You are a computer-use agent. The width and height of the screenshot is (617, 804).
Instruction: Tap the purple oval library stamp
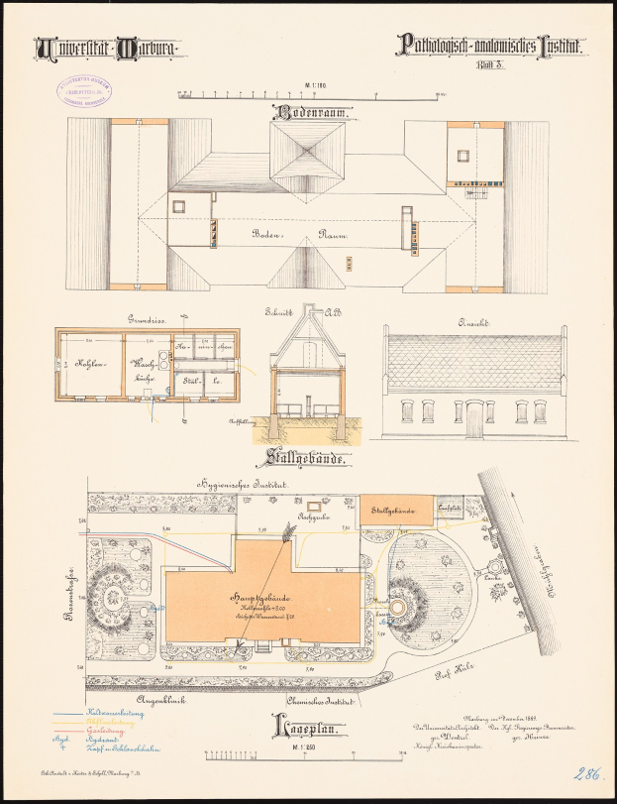[83, 93]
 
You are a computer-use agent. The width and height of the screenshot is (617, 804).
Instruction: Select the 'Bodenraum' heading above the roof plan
[308, 114]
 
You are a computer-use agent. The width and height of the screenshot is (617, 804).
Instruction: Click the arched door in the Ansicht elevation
[473, 419]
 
